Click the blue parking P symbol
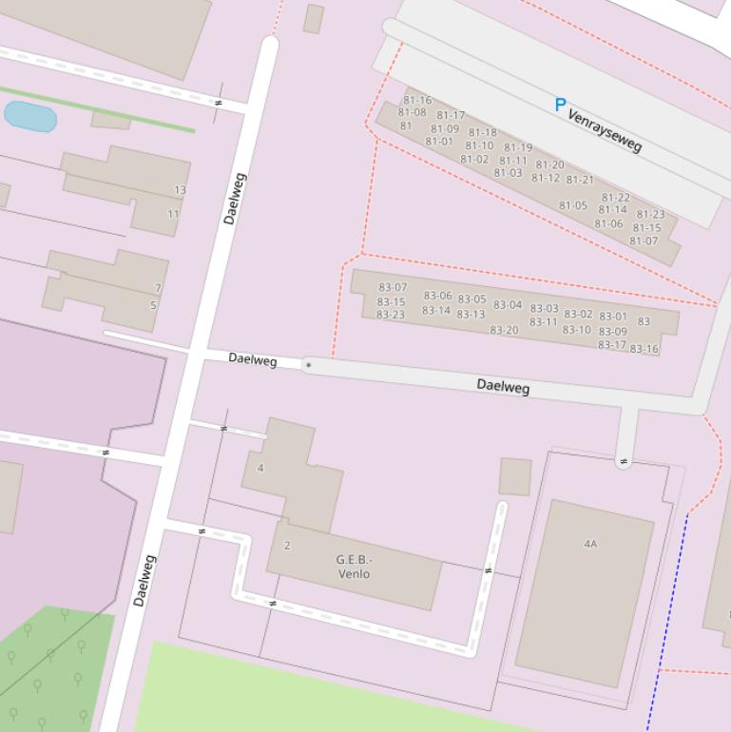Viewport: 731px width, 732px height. click(560, 106)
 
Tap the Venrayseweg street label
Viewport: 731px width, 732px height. click(605, 130)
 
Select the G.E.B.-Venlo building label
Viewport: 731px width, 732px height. click(354, 567)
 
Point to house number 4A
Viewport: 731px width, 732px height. click(590, 544)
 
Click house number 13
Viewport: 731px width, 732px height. click(180, 190)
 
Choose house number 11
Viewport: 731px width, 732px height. click(173, 214)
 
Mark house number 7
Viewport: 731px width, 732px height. click(158, 288)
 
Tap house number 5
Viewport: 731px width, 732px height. click(153, 306)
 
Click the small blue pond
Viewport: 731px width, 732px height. click(30, 117)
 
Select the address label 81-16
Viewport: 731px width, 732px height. click(417, 100)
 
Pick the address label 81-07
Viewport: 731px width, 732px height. click(644, 241)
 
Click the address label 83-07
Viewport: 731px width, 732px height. click(393, 287)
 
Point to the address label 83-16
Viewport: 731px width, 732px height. click(644, 349)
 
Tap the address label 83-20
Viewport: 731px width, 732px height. click(505, 330)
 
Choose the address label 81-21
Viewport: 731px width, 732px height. click(580, 180)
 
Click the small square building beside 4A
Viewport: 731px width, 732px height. click(515, 476)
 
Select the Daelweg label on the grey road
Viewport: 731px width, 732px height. click(503, 386)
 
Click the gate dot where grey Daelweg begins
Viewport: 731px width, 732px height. click(308, 364)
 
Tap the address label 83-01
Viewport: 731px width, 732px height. click(613, 317)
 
